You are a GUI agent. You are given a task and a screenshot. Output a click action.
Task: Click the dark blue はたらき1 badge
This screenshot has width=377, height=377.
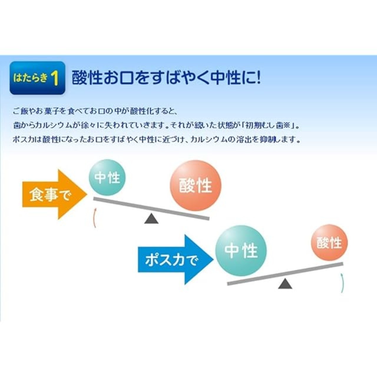37,78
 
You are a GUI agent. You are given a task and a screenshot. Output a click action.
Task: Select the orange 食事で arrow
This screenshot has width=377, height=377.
55,194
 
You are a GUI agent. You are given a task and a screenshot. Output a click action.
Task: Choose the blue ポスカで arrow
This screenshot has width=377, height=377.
176,260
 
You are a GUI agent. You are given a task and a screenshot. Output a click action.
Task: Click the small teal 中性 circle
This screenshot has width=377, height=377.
107,177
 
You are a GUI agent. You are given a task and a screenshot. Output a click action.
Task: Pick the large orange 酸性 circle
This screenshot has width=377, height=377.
196,186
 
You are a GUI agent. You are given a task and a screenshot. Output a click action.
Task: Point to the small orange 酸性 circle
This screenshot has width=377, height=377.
330,243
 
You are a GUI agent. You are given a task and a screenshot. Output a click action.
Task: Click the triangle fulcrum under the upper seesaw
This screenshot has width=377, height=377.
151,219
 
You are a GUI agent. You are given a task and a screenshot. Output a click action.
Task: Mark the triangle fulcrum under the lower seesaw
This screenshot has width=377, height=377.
285,284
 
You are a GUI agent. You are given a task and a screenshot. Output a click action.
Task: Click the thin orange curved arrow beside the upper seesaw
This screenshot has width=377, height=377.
95,218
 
